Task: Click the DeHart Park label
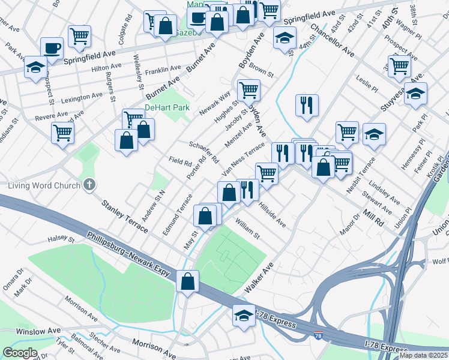[x=167, y=108]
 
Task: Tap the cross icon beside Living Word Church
[x=89, y=185]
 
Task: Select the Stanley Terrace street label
[x=124, y=217]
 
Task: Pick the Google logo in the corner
[x=20, y=353]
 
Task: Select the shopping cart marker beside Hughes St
[x=249, y=91]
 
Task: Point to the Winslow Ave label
[x=38, y=331]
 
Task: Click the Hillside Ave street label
[x=272, y=214]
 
